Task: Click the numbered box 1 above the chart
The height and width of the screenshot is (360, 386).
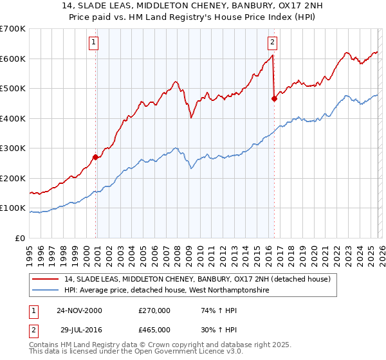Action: point(93,43)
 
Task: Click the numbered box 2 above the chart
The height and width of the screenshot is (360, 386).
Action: point(272,43)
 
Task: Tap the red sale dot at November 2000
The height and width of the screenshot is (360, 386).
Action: point(96,157)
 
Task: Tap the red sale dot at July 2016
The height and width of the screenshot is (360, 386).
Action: point(275,99)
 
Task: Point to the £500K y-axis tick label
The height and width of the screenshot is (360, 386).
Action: point(13,89)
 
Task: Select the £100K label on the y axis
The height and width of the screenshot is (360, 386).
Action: point(13,208)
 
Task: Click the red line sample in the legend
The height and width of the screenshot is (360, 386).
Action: point(46,279)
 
